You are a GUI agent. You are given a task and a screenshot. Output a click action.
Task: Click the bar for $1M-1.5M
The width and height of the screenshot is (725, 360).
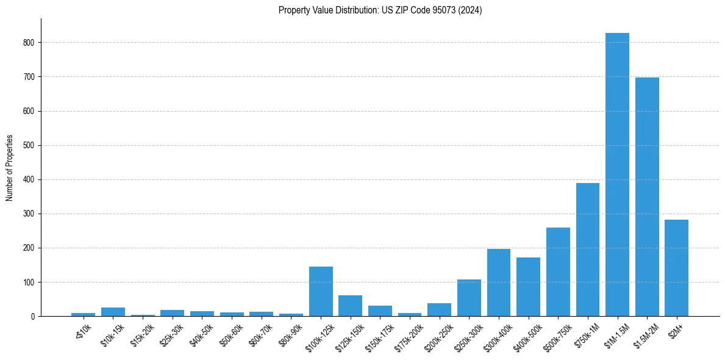pyautogui.click(x=617, y=175)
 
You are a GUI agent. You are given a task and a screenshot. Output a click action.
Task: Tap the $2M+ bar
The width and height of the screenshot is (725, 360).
pyautogui.click(x=676, y=268)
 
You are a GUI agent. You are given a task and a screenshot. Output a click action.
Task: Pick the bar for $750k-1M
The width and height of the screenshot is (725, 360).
pyautogui.click(x=588, y=250)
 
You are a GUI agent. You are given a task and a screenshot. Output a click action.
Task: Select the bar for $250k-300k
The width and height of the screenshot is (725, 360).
pyautogui.click(x=469, y=298)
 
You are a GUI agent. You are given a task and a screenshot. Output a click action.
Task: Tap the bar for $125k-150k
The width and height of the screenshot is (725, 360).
pyautogui.click(x=351, y=306)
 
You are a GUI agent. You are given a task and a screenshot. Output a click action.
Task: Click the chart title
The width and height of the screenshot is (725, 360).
pyautogui.click(x=380, y=10)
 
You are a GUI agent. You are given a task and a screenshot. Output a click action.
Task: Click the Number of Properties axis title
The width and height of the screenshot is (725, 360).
pyautogui.click(x=10, y=167)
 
